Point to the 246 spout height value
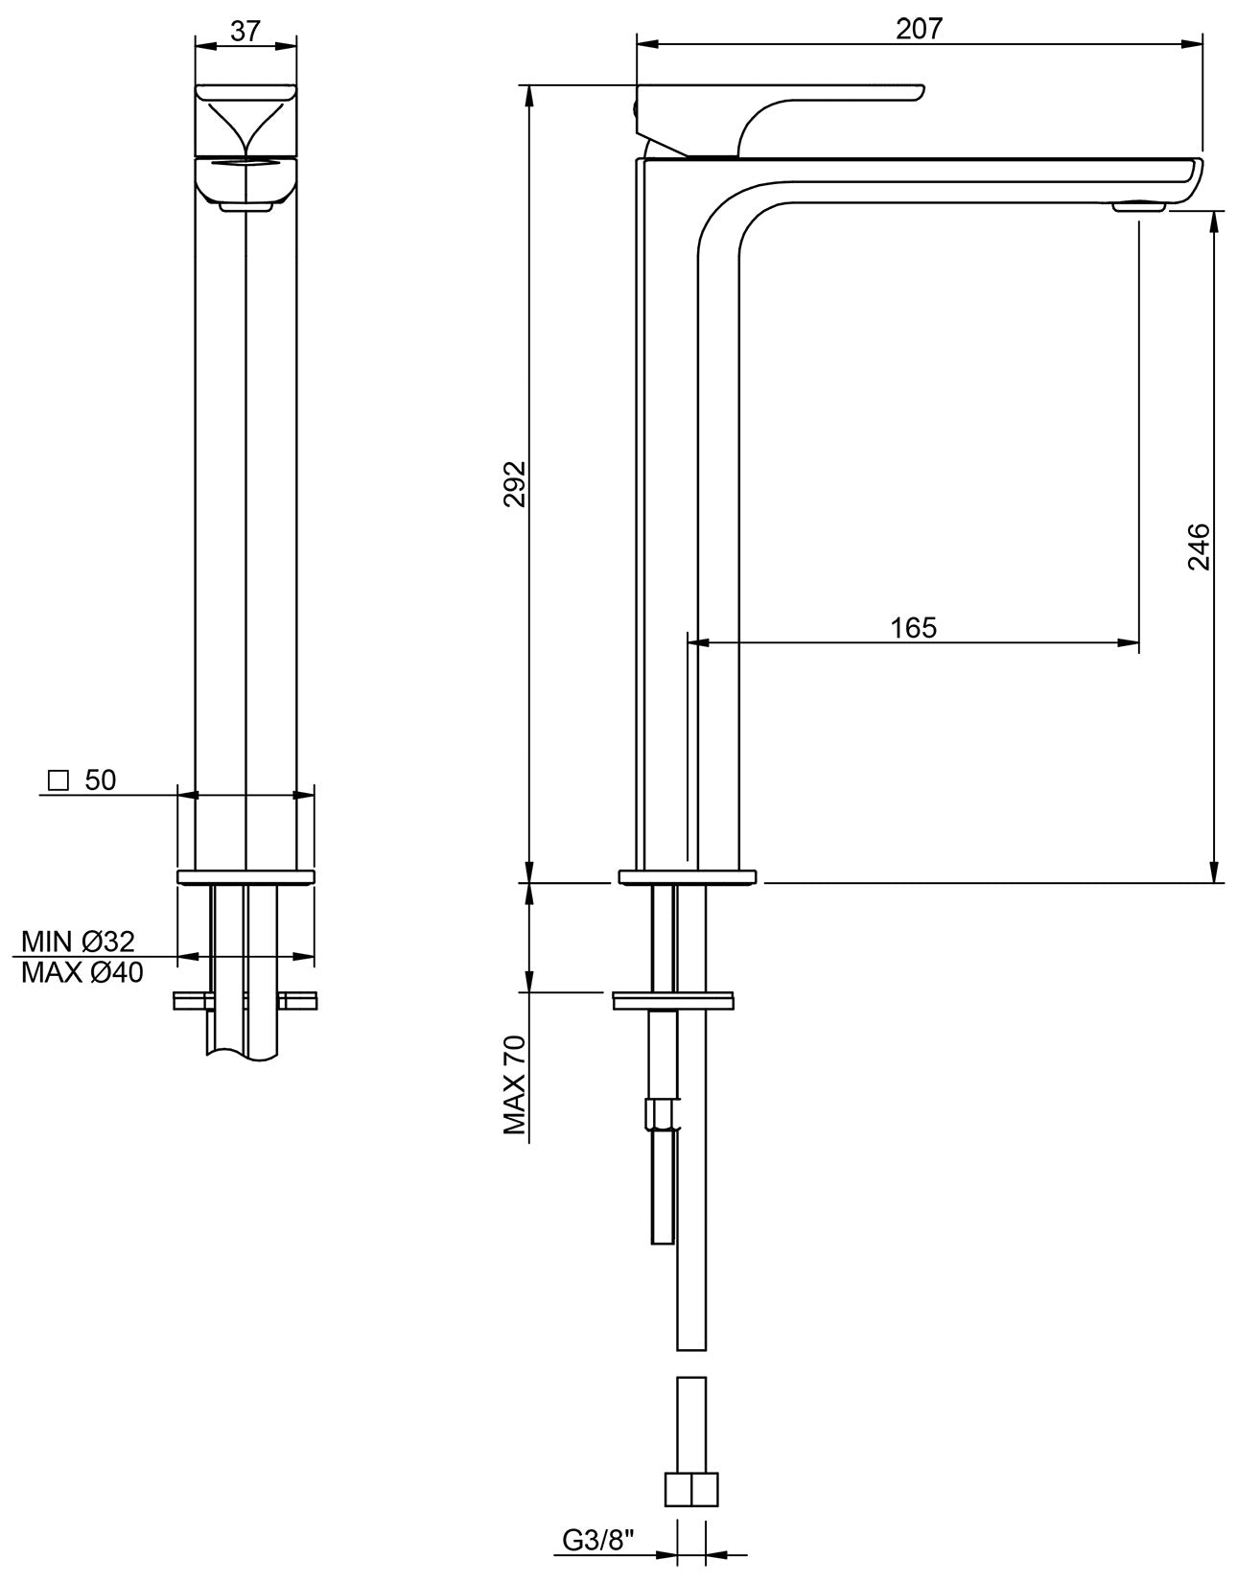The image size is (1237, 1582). (x=1199, y=547)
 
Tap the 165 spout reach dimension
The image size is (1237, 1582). (x=913, y=627)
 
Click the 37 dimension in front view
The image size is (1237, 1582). (x=245, y=31)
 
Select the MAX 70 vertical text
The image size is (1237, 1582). (x=516, y=1085)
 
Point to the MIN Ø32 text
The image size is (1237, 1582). (x=79, y=941)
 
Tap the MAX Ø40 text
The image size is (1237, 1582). (x=82, y=973)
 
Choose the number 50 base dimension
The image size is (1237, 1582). (x=101, y=780)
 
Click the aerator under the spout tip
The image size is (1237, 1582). (x=1139, y=204)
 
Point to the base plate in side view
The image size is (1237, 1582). (x=688, y=876)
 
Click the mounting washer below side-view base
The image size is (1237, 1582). (x=674, y=1001)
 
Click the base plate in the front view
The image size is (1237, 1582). (x=245, y=876)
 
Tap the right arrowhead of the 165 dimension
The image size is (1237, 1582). (x=1132, y=643)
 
